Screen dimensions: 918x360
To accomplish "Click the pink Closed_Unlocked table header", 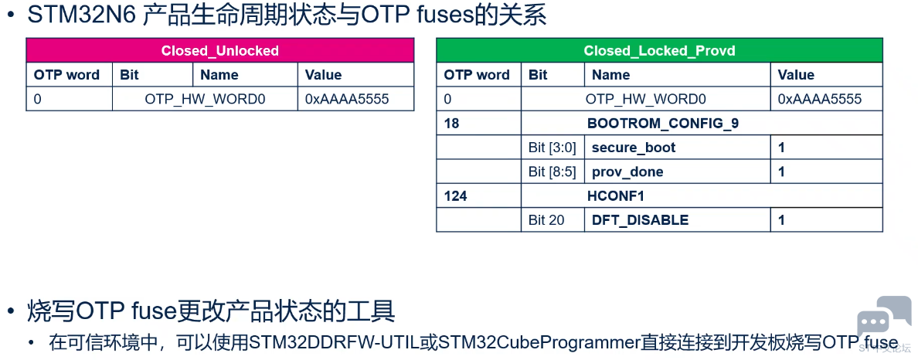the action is pos(220,50).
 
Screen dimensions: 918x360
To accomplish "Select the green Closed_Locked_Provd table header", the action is pos(659,50).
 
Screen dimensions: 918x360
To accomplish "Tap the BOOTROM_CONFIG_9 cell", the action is pos(702,123).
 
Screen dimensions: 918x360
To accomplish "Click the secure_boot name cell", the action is pos(678,148).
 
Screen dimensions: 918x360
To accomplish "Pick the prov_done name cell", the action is pos(678,172).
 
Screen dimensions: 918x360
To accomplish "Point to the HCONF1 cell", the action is pos(702,195).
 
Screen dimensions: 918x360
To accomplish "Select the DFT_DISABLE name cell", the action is pos(678,219).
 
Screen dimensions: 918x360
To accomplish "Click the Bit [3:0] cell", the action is pos(552,148).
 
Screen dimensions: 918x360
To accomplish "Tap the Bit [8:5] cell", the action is pos(552,172).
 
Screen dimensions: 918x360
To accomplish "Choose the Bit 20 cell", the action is pos(552,219).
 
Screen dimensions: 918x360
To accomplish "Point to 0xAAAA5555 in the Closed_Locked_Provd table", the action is pos(820,99).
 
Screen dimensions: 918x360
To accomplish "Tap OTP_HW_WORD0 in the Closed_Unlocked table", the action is pos(205,99).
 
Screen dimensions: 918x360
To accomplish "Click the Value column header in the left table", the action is pos(323,75).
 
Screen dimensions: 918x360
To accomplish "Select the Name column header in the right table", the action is pos(610,75).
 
